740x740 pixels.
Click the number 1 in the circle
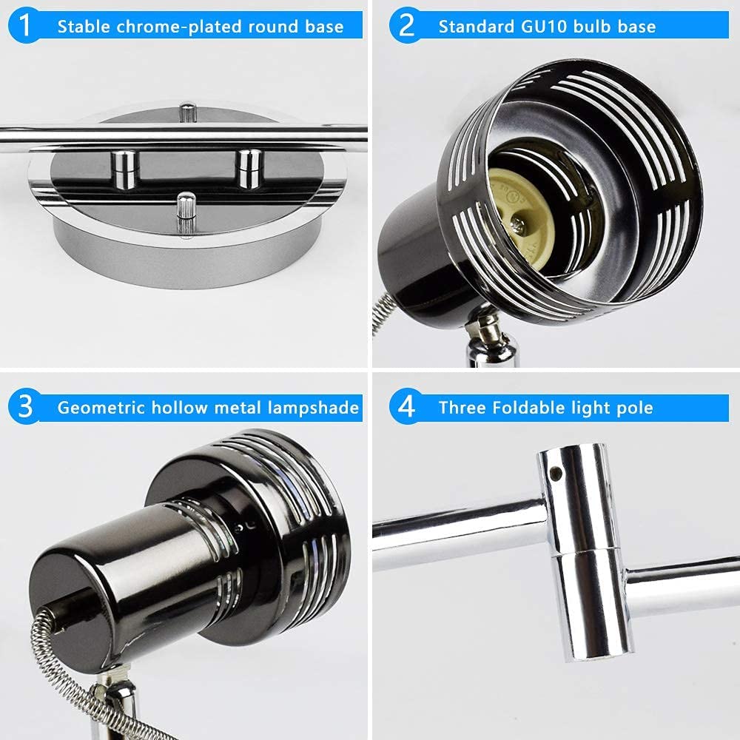click(27, 27)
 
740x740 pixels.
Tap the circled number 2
click(406, 27)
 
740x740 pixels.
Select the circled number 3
click(27, 406)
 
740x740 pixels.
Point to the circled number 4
click(406, 406)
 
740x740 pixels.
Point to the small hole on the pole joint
click(554, 468)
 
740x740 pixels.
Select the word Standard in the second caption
click(473, 27)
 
